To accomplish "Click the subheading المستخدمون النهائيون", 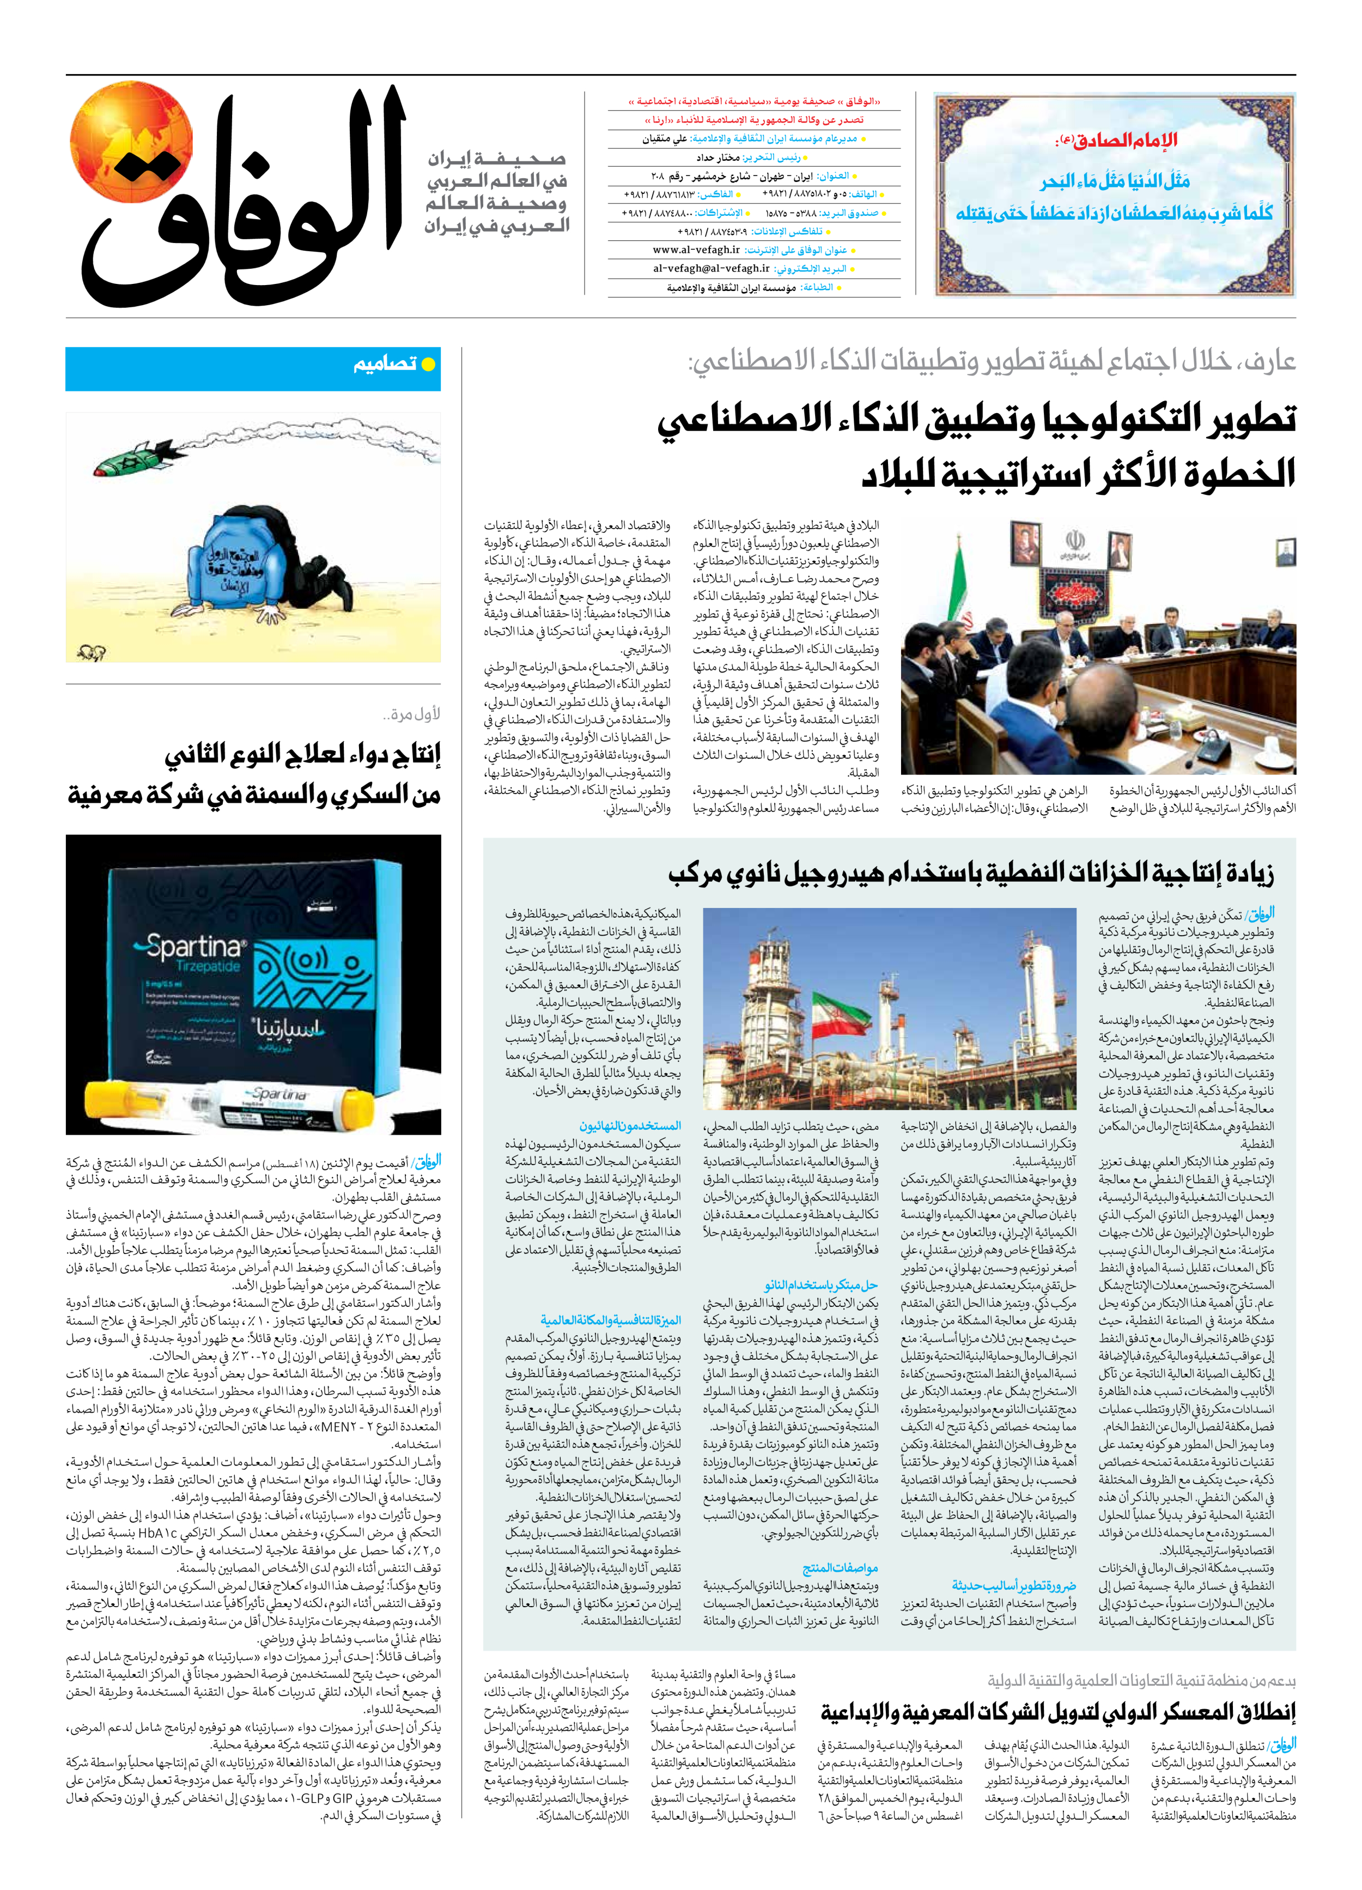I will (x=630, y=1126).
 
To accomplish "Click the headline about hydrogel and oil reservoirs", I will (x=970, y=873).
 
